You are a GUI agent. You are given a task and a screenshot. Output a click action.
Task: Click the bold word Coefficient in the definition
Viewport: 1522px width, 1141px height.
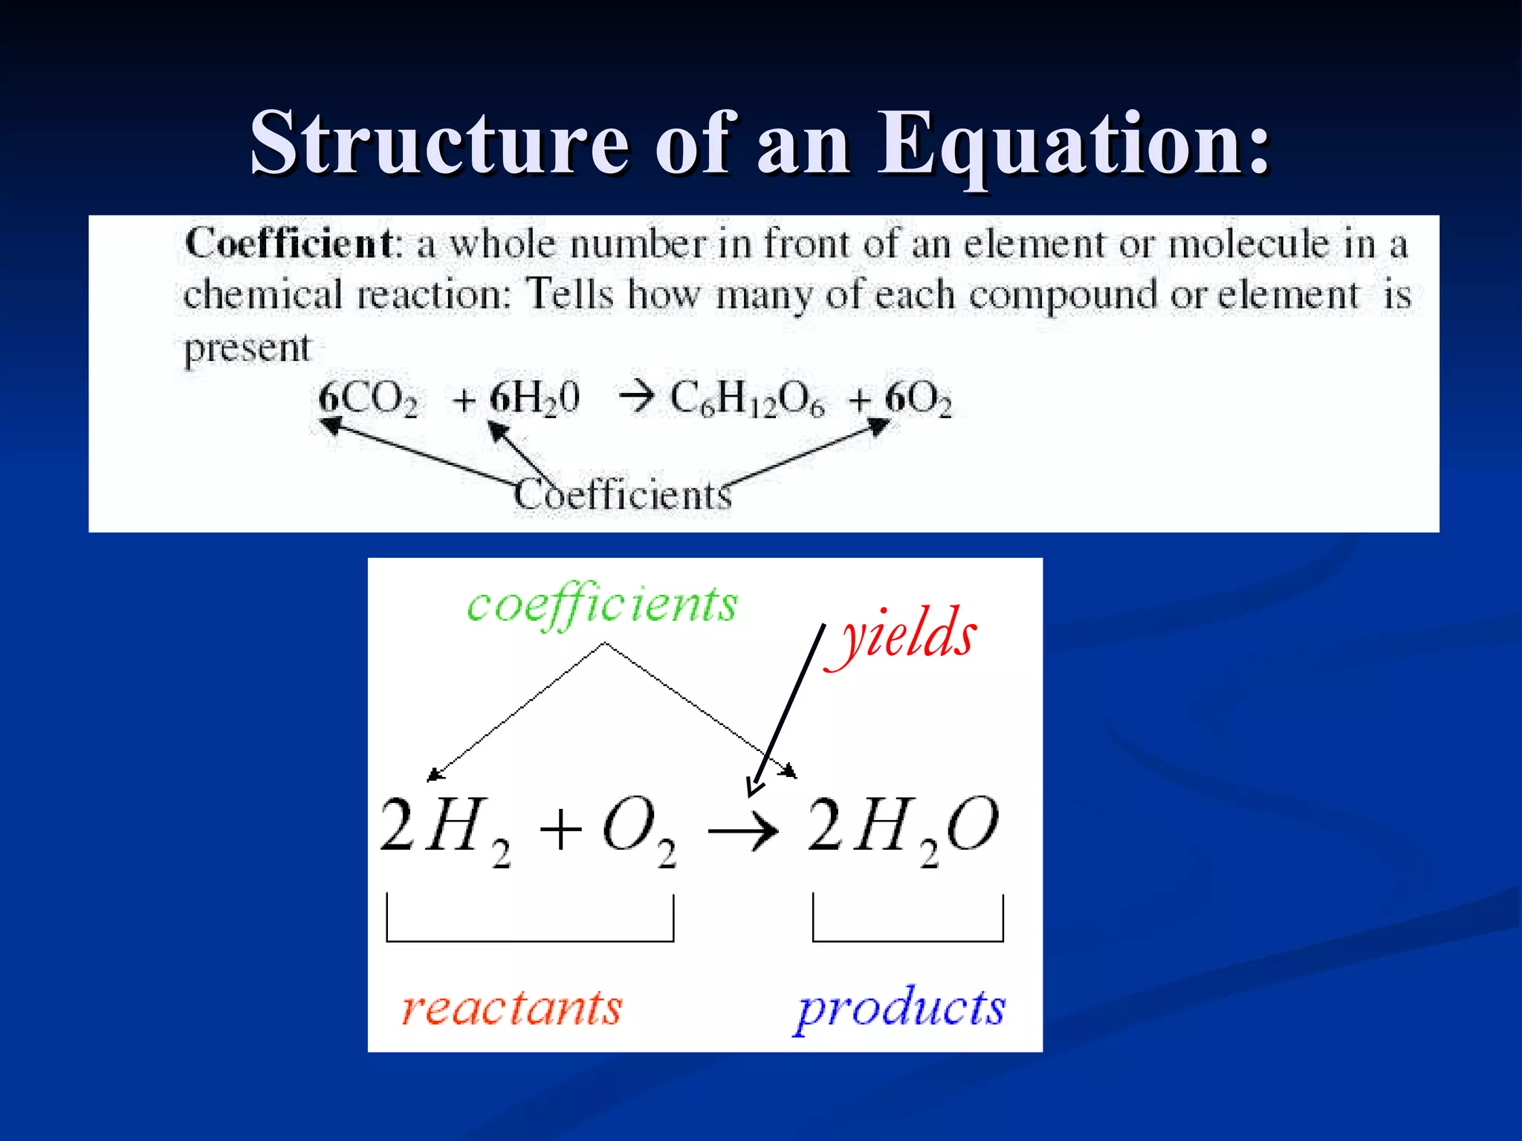click(288, 244)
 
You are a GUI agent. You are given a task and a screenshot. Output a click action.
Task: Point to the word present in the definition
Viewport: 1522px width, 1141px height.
click(247, 348)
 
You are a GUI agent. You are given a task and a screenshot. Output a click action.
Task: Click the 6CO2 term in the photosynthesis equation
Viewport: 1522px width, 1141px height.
click(368, 399)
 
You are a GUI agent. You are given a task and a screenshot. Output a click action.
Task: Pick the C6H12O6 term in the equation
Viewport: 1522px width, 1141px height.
click(746, 400)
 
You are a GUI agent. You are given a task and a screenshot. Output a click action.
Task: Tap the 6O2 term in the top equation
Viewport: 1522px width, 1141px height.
click(918, 400)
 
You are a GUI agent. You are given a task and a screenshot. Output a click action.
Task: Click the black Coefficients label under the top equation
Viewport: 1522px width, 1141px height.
click(623, 495)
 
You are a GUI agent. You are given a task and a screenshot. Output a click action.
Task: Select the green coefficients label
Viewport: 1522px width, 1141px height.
click(602, 605)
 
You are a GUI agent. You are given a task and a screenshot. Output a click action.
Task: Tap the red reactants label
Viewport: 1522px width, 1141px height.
click(511, 1008)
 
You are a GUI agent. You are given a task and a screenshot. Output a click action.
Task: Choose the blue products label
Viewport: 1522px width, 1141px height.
click(901, 1009)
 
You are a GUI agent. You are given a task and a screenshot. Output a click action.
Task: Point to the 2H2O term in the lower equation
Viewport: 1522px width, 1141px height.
click(902, 828)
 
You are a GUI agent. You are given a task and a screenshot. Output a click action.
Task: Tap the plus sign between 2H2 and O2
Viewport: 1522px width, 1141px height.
click(560, 829)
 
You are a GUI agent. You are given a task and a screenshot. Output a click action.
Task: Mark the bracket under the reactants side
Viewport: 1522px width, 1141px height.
click(530, 939)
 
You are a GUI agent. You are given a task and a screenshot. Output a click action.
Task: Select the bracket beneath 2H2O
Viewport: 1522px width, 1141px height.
click(907, 939)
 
